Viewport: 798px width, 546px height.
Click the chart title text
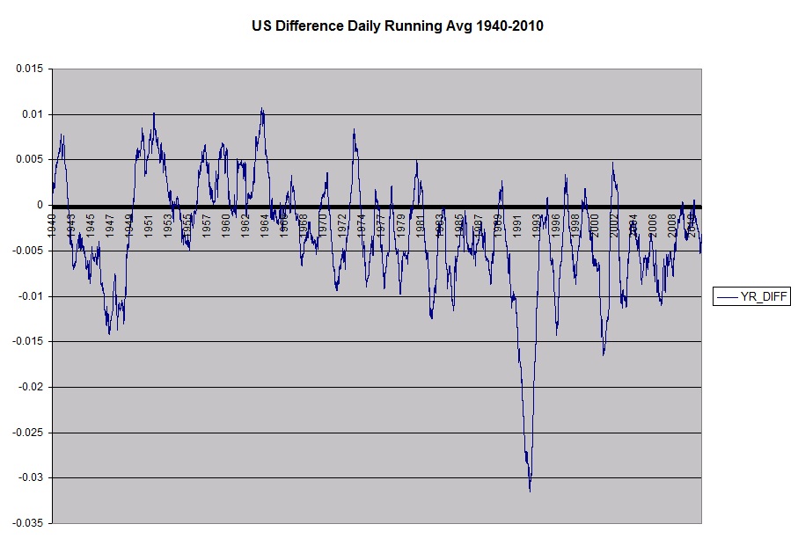pyautogui.click(x=398, y=26)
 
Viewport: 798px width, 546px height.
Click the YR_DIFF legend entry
pyautogui.click(x=752, y=297)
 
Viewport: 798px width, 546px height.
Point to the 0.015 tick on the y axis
pyautogui.click(x=30, y=69)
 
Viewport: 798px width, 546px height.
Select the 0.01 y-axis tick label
pyautogui.click(x=33, y=114)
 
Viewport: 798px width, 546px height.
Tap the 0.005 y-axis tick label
pyautogui.click(x=30, y=160)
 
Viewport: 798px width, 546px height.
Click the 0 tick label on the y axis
pyautogui.click(x=41, y=206)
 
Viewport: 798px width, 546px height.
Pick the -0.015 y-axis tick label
pyautogui.click(x=28, y=342)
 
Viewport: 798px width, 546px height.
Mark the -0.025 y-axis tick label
pyautogui.click(x=28, y=433)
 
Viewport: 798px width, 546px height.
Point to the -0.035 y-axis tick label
pyautogui.click(x=28, y=523)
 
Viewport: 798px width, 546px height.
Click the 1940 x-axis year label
pyautogui.click(x=52, y=224)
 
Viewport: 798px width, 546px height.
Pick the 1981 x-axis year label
pyautogui.click(x=420, y=224)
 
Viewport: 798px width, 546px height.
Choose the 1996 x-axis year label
pyautogui.click(x=555, y=224)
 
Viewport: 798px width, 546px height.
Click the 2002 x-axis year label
pyautogui.click(x=613, y=224)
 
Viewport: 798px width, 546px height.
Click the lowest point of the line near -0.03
pyautogui.click(x=530, y=491)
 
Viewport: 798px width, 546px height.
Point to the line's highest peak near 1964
pyautogui.click(x=261, y=108)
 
